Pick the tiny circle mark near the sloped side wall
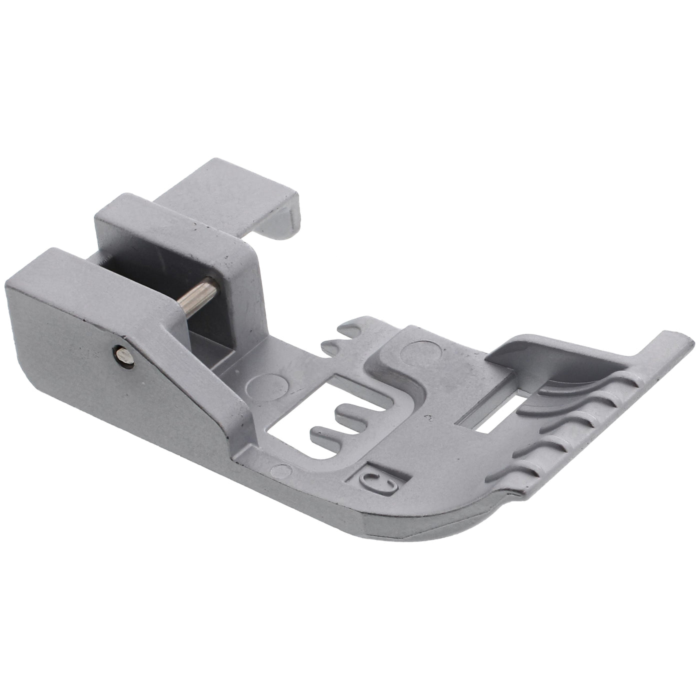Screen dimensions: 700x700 (x=282, y=471)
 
